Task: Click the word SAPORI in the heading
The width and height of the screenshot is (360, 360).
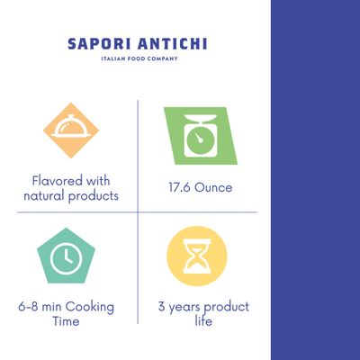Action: tap(99, 44)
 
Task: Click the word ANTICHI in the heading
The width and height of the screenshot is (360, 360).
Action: tap(173, 44)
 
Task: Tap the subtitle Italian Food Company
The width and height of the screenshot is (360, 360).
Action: tap(139, 58)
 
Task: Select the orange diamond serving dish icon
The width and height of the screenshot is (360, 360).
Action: tap(71, 130)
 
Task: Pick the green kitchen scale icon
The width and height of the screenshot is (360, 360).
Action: tap(201, 136)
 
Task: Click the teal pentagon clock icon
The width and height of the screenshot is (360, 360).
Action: tap(66, 256)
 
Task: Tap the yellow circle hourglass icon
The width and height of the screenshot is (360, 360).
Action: tap(197, 256)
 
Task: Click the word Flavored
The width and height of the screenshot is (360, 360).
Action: tap(57, 181)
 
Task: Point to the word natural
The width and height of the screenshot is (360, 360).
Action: tap(44, 196)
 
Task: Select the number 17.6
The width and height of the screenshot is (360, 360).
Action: tap(179, 187)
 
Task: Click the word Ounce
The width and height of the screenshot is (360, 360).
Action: tap(213, 187)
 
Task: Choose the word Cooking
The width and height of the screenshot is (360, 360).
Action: tap(90, 307)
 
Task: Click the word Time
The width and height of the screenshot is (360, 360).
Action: tap(66, 321)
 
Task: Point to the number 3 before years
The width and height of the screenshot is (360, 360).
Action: tap(162, 307)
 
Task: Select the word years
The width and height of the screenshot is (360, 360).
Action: tap(184, 308)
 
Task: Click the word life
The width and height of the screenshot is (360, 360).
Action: tap(203, 320)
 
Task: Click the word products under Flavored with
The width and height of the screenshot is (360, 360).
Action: tap(94, 196)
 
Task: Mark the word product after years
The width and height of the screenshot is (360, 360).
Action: tap(226, 307)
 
